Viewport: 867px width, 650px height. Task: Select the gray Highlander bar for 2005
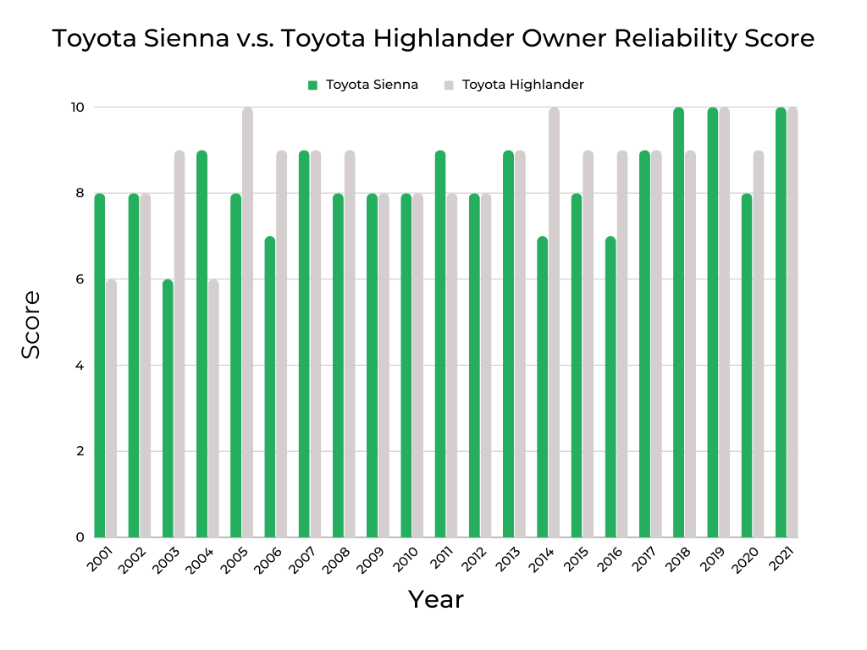[x=247, y=322]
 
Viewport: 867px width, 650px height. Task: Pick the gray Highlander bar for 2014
[x=554, y=322]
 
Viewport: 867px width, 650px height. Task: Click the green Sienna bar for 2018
[x=678, y=322]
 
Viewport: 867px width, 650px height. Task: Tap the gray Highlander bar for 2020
[x=758, y=344]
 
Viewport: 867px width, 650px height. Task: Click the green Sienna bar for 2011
[x=440, y=344]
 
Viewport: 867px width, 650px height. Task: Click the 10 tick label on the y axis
[x=76, y=107]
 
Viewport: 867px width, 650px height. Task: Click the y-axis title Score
[x=31, y=324]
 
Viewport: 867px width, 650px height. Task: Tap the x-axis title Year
[x=436, y=600]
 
